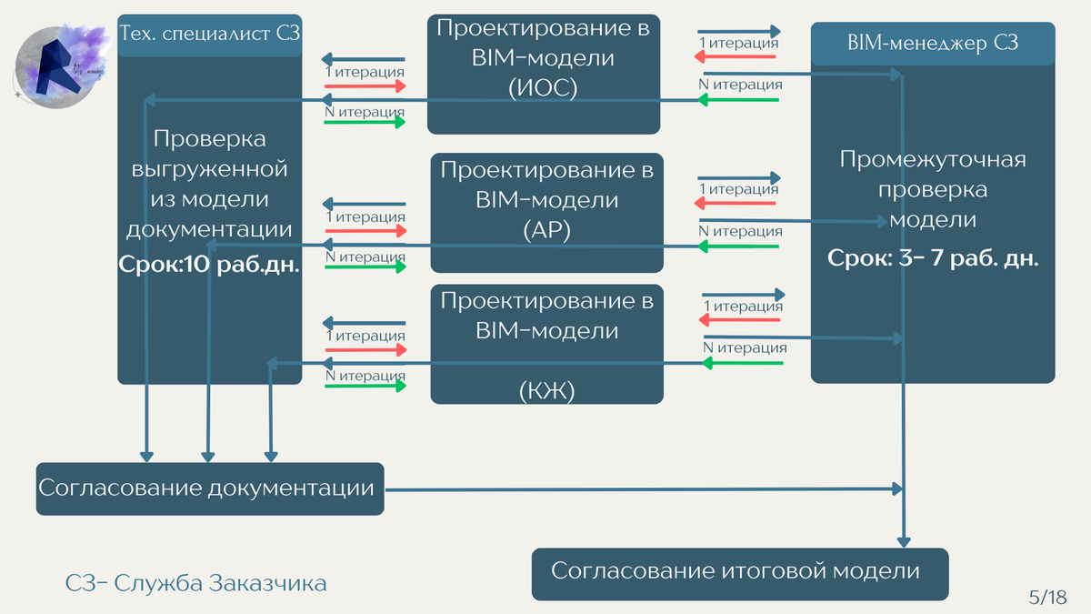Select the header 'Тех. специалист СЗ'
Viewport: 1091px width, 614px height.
210,35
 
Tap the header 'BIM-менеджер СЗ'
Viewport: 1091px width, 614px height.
933,43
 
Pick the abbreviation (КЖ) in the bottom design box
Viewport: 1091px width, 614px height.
546,390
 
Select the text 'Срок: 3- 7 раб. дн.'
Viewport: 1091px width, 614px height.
933,257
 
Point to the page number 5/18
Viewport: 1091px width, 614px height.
1046,597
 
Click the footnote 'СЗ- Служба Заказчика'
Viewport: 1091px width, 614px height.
195,583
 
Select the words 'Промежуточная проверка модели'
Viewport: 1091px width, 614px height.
933,189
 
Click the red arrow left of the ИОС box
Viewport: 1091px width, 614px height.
364,86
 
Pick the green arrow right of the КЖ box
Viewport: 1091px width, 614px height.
743,363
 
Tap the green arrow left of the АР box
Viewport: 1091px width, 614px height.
364,268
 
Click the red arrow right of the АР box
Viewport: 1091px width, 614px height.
737,205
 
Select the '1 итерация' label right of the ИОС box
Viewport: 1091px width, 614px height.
737,43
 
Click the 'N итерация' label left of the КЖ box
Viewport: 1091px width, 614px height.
365,375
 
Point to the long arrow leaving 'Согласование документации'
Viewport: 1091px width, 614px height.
636,489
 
